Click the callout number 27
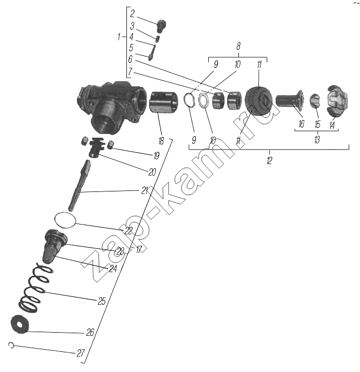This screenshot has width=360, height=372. (81, 353)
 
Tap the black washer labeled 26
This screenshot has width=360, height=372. (20, 324)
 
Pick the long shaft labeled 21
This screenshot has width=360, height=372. (80, 185)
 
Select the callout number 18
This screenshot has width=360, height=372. (161, 141)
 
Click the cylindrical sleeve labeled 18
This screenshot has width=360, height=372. (163, 102)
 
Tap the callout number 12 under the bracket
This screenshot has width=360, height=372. (269, 160)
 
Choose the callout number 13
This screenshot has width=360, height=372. (317, 140)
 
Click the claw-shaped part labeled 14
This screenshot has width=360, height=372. (338, 101)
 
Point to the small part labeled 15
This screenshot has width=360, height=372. (315, 100)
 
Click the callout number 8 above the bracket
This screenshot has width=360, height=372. (238, 46)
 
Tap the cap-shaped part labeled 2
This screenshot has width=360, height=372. (162, 26)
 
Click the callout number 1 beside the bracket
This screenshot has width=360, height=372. (119, 37)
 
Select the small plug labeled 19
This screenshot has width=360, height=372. (110, 145)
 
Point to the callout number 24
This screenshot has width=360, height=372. (113, 269)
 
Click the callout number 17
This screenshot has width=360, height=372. (139, 249)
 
